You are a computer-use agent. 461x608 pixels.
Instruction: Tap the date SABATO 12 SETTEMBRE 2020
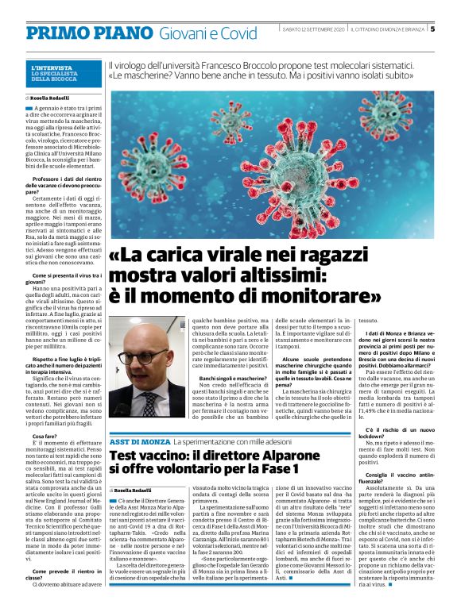coord(314,29)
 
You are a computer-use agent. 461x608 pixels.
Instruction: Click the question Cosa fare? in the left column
coord(45,436)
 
